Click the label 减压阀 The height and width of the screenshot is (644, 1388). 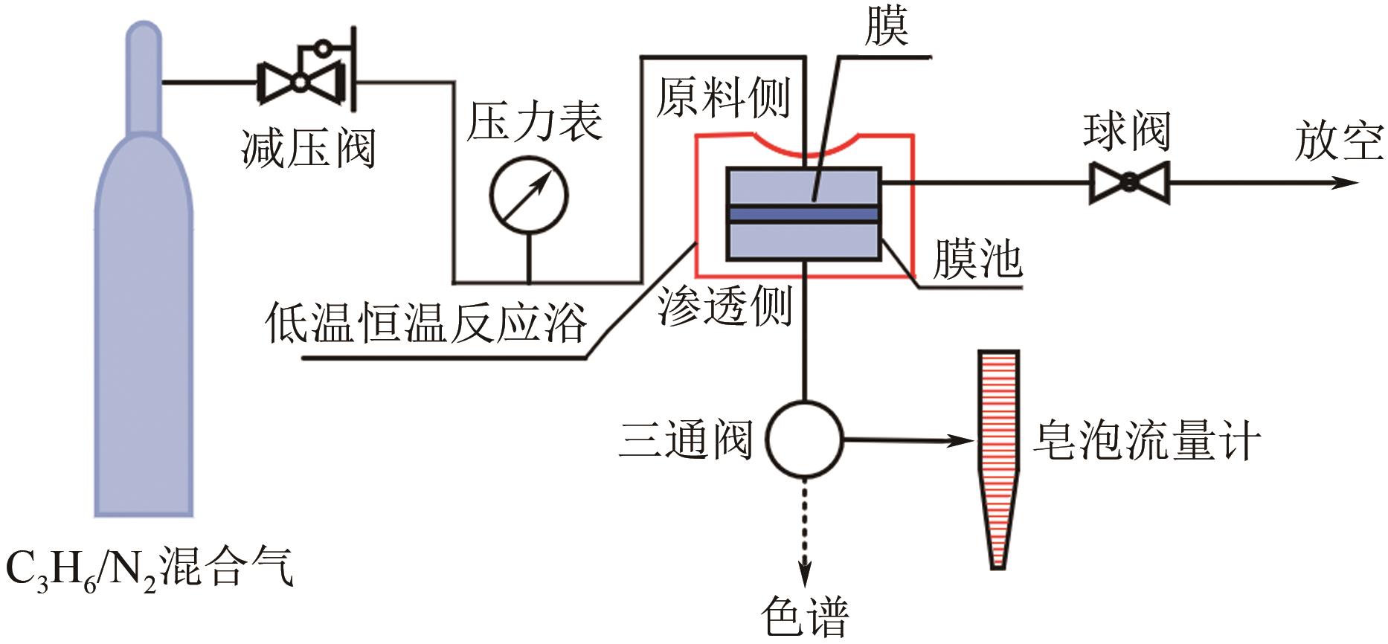click(x=308, y=149)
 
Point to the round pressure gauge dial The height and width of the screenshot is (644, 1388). click(x=529, y=195)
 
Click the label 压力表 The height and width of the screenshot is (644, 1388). click(x=534, y=121)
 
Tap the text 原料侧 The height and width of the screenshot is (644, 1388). click(x=723, y=97)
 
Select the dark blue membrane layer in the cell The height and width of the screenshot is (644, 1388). click(x=803, y=214)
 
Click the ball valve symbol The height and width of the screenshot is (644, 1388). click(x=1129, y=183)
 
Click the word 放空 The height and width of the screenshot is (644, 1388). click(x=1339, y=141)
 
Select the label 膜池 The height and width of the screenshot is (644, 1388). click(x=977, y=260)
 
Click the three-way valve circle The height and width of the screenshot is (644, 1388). click(x=804, y=439)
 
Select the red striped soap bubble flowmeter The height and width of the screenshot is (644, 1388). click(x=997, y=446)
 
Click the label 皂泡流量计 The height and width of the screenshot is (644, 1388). click(x=1146, y=440)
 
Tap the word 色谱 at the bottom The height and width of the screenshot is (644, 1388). click(x=805, y=616)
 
